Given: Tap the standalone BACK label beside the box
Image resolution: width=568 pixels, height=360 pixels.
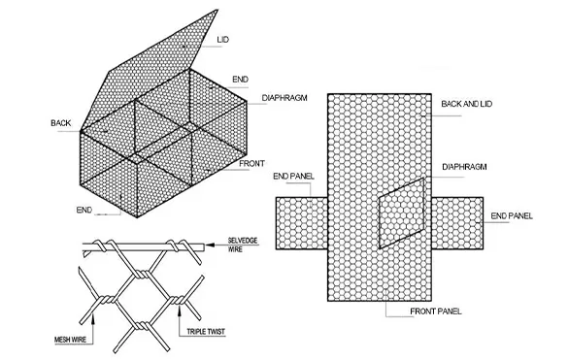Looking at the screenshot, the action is click(x=61, y=123).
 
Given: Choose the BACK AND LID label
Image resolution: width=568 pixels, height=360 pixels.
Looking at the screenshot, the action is click(x=467, y=102).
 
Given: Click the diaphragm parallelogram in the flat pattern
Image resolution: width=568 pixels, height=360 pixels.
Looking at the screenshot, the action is click(x=399, y=213).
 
